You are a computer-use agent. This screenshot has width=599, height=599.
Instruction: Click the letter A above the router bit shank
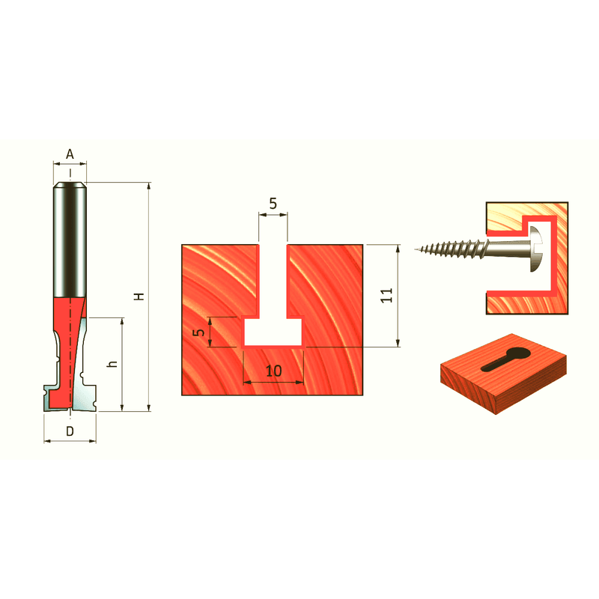[70, 154]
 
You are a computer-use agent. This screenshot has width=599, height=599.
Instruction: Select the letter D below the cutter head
[70, 431]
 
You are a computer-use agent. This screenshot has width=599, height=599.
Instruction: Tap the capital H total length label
[139, 297]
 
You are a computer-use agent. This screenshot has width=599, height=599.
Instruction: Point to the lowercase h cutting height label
[112, 364]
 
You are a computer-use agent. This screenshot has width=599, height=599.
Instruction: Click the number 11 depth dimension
[386, 295]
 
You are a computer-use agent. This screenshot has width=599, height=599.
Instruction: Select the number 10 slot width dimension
[273, 371]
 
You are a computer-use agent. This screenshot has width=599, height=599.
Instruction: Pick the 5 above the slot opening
[273, 204]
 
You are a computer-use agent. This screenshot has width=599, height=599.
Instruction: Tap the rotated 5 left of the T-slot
[198, 332]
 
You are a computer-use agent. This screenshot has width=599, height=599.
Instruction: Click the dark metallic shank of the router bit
[70, 240]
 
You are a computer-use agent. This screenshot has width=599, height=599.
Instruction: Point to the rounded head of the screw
[536, 249]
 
